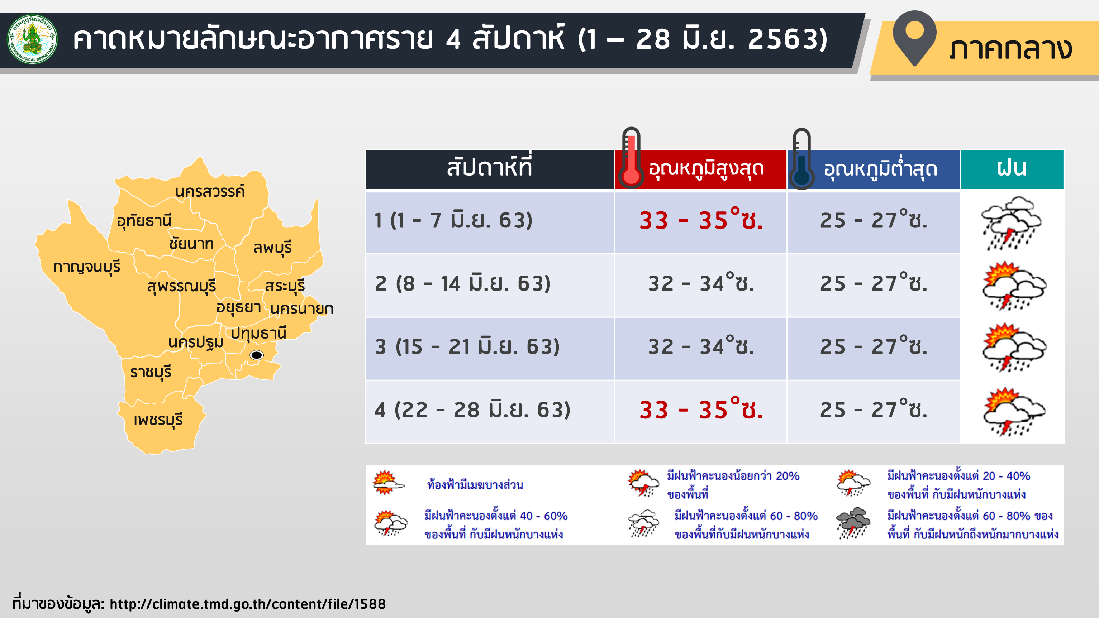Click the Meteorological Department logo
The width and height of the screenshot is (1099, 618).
tap(32, 39)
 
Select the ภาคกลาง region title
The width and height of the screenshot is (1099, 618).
tap(1010, 49)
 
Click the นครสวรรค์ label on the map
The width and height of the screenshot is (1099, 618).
tap(210, 192)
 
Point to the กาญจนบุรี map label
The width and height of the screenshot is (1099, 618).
tap(87, 267)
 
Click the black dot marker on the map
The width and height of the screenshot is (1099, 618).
tap(256, 355)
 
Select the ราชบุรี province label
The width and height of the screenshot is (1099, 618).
tap(151, 372)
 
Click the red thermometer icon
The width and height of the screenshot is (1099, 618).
tap(631, 158)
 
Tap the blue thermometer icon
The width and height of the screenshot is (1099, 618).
tap(801, 159)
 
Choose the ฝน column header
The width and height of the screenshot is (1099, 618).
tap(1012, 169)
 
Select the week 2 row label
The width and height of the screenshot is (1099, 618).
tap(463, 284)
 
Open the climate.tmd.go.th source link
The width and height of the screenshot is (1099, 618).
tap(247, 604)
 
